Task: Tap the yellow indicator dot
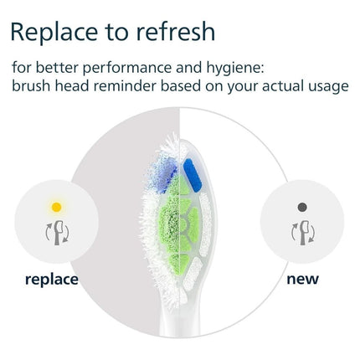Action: (x=56, y=206)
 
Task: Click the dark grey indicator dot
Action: (x=303, y=206)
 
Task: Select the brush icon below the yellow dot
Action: (x=56, y=229)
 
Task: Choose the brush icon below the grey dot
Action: (x=303, y=229)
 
